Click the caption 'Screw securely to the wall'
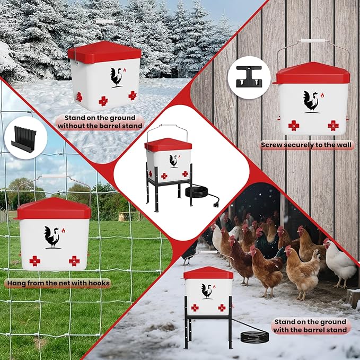coord(307,145)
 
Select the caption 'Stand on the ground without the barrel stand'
coord(100,122)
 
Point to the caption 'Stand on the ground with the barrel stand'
coord(310,326)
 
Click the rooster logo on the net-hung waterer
coord(52,237)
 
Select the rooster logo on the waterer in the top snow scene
coord(116,76)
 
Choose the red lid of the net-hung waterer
coord(53,209)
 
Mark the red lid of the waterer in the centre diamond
coord(168,144)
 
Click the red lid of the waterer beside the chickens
coord(208,273)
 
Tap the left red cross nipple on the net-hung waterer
coord(34,260)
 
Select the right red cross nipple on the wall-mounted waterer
coord(333,125)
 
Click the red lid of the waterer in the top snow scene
coord(104,51)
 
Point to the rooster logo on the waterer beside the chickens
coord(207,291)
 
